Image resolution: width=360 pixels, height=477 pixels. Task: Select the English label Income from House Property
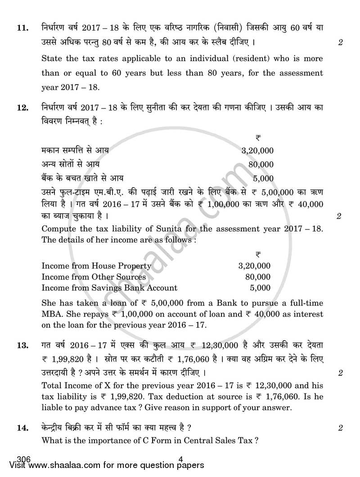(x=96, y=265)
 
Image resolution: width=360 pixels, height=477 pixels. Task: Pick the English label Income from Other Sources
(x=94, y=277)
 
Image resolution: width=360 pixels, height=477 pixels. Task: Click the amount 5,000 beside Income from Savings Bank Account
(x=260, y=288)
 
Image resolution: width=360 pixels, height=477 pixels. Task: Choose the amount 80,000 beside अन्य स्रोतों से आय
(x=261, y=165)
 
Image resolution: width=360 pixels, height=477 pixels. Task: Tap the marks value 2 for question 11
(x=340, y=43)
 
